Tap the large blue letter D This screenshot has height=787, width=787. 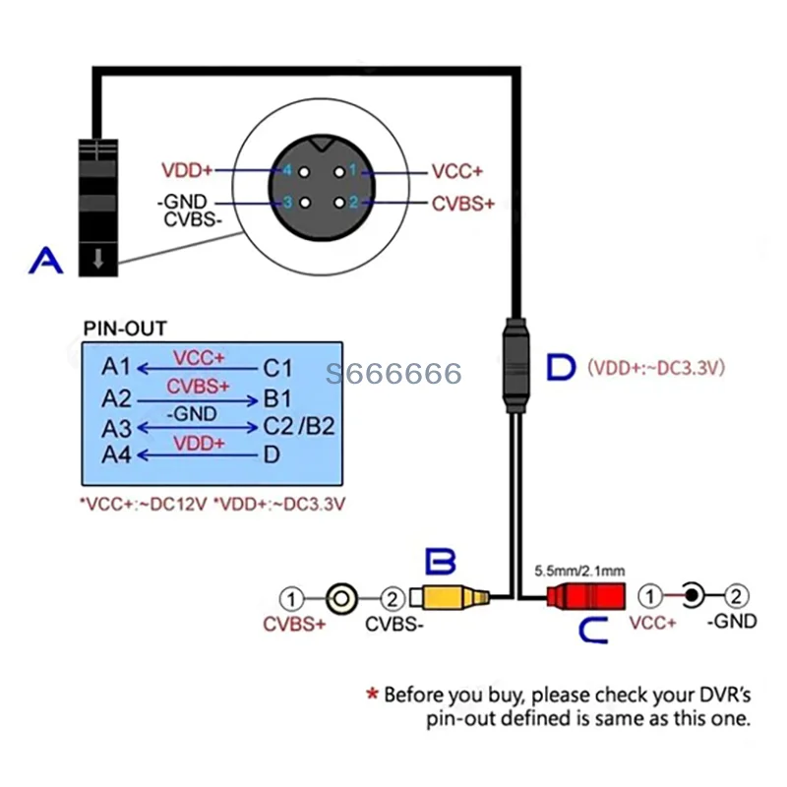(561, 367)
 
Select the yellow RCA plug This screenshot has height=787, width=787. (447, 596)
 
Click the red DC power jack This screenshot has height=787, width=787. (584, 596)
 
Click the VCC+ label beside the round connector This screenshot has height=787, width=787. (457, 170)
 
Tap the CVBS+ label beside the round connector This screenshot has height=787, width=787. (462, 204)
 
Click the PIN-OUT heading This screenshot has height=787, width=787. (124, 328)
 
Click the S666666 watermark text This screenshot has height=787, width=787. (393, 374)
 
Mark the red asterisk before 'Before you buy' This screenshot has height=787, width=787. (372, 695)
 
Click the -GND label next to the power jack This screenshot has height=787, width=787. (733, 621)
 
